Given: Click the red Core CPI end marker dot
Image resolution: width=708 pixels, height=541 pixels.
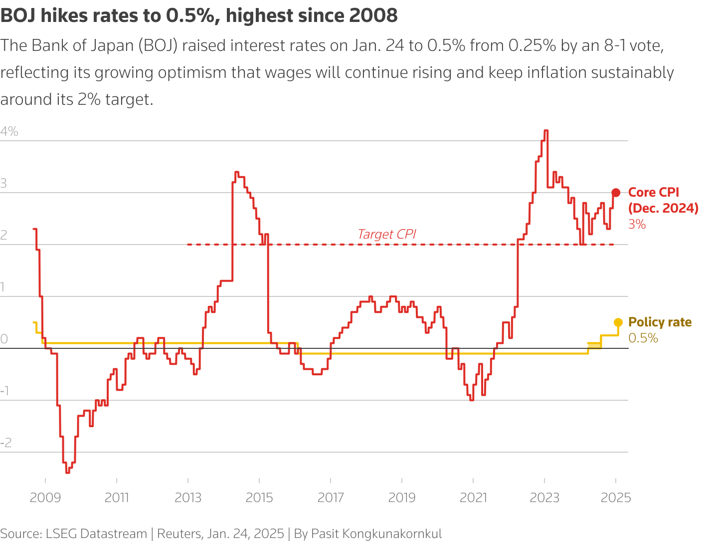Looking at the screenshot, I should (616, 193).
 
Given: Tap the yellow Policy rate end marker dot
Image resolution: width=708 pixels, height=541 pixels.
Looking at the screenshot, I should (618, 322).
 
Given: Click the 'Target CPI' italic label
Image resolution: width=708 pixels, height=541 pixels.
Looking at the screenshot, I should (386, 234).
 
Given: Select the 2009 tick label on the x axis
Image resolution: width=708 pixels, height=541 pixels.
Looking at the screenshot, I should (45, 498).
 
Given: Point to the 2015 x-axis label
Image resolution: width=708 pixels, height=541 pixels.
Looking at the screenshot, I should (259, 498).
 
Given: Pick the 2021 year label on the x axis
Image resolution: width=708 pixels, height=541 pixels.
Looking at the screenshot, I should (473, 498).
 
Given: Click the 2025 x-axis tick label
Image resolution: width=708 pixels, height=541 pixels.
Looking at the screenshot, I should (616, 498).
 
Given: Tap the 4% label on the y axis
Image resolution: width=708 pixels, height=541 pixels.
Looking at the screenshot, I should (9, 132).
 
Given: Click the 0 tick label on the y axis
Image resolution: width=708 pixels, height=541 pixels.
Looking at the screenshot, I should (4, 339).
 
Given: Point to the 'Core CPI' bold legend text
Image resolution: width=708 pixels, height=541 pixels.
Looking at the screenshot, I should (654, 193).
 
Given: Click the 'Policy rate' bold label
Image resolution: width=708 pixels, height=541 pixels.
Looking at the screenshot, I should (660, 322).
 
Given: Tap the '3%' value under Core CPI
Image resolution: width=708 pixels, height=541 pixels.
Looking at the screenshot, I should (637, 225).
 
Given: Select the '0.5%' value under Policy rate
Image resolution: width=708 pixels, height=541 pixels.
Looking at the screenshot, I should (643, 338).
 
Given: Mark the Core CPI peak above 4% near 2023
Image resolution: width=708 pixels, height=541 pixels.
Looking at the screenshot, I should (546, 131).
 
